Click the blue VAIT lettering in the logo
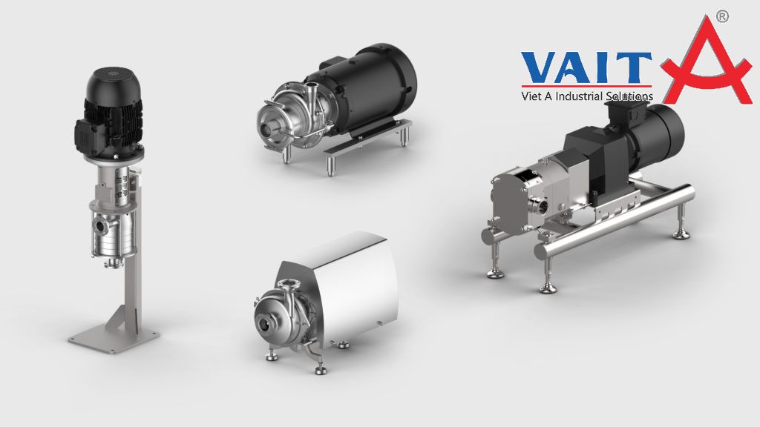[x=586, y=67]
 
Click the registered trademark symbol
[x=722, y=16]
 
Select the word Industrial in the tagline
[x=579, y=96]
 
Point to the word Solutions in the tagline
[x=629, y=96]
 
